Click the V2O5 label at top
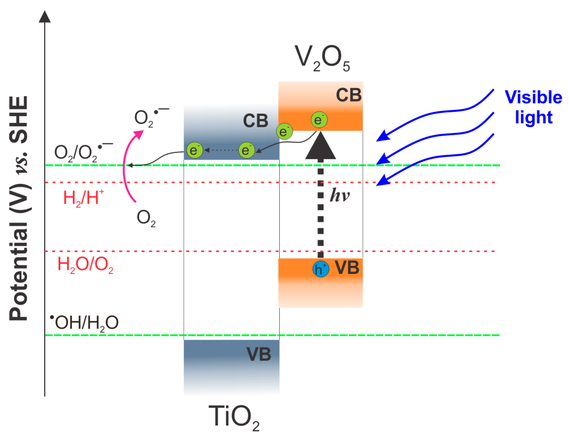[x=322, y=58]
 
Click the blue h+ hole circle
[x=320, y=269]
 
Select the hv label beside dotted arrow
[x=339, y=195]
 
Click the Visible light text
[x=533, y=107]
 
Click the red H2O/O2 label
[x=85, y=264]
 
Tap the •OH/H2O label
[x=85, y=323]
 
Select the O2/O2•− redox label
[x=83, y=153]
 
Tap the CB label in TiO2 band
[x=255, y=121]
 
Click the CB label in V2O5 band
[x=348, y=95]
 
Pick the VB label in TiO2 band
[x=259, y=354]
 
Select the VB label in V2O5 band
[x=347, y=268]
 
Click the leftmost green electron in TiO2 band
[x=194, y=150]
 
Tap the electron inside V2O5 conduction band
[x=319, y=120]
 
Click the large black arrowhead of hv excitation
[x=320, y=146]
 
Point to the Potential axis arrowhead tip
[x=45, y=13]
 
